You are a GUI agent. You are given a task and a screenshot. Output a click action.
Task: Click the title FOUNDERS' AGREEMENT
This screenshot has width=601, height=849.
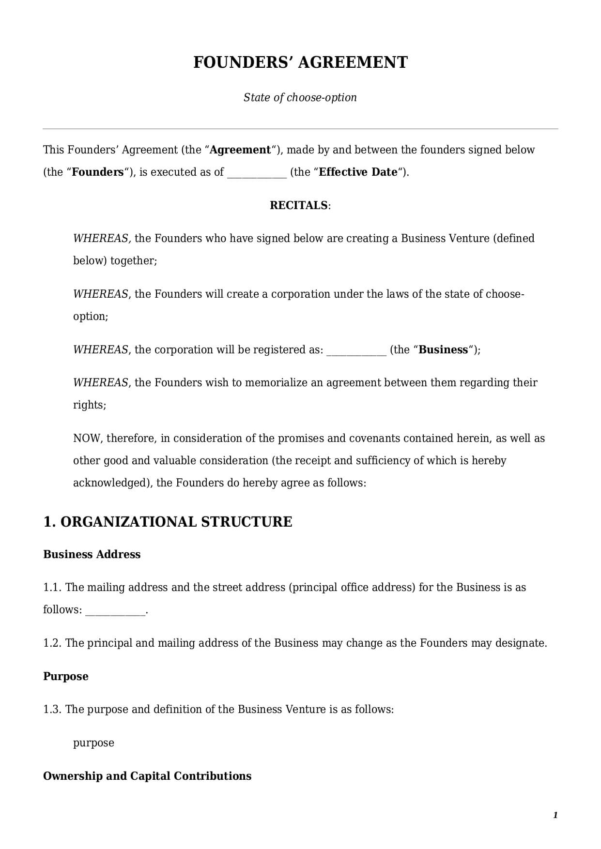click(x=300, y=62)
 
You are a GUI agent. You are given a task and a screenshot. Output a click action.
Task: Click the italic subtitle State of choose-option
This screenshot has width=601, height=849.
click(x=300, y=97)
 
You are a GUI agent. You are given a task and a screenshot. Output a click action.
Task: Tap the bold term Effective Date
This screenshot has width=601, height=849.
click(x=358, y=172)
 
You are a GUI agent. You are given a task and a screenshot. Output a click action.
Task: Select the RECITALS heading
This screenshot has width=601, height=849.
click(x=299, y=205)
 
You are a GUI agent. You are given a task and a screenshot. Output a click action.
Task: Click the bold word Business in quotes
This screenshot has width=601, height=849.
click(x=443, y=350)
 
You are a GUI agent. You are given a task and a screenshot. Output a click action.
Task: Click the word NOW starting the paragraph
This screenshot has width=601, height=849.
click(x=87, y=439)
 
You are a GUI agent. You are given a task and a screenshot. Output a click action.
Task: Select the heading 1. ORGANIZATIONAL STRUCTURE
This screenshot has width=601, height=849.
click(x=168, y=522)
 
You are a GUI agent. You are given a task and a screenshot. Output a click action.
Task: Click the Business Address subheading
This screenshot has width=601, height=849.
click(x=92, y=555)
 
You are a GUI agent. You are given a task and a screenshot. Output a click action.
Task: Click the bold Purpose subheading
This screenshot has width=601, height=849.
click(x=65, y=677)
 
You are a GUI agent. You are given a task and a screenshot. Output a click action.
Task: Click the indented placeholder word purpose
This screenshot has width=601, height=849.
click(x=93, y=743)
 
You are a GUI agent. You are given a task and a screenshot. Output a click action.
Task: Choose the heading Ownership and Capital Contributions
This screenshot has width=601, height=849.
click(x=147, y=776)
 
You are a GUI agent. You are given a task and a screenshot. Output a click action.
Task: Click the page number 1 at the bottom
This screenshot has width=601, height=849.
click(x=555, y=816)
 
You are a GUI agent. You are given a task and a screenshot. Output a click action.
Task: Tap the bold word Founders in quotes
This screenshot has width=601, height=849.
click(x=98, y=172)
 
